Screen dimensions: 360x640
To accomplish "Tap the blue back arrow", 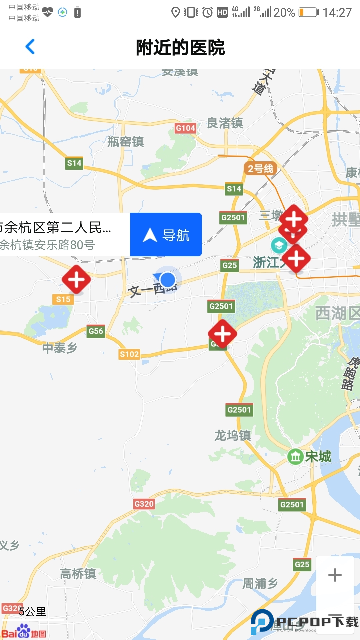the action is [30, 47].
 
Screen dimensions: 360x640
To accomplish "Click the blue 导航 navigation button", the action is [166, 235].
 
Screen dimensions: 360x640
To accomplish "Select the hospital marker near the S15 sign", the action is [76, 279].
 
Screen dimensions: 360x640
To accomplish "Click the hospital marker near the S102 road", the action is [222, 334].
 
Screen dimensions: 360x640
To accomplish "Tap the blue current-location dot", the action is [167, 279].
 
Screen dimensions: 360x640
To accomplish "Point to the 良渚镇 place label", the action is [225, 123].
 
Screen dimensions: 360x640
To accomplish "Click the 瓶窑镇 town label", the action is [125, 142].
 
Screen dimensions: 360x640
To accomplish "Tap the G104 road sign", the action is [185, 128].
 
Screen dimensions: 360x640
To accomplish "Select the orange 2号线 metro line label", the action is [260, 169].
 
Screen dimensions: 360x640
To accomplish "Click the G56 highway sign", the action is [96, 331].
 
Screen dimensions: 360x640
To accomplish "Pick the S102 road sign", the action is [129, 354].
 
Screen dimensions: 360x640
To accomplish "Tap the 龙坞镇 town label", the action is [232, 435].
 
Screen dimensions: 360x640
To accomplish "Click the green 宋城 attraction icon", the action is [295, 457].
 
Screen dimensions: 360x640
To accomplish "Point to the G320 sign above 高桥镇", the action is [144, 504].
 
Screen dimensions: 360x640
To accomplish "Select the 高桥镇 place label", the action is [78, 574].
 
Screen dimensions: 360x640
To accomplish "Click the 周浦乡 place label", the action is [260, 583].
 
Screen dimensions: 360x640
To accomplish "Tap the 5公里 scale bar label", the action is [33, 612].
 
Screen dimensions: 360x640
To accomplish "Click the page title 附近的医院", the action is [180, 47].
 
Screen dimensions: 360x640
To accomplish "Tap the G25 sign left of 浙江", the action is [229, 265].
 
